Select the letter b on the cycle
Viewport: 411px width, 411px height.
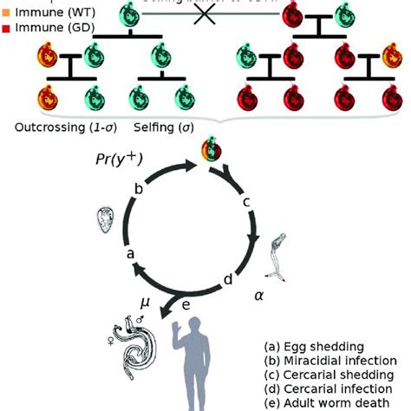click(139, 189)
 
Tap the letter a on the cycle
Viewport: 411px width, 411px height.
click(130, 254)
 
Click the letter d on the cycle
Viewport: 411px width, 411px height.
click(228, 279)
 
